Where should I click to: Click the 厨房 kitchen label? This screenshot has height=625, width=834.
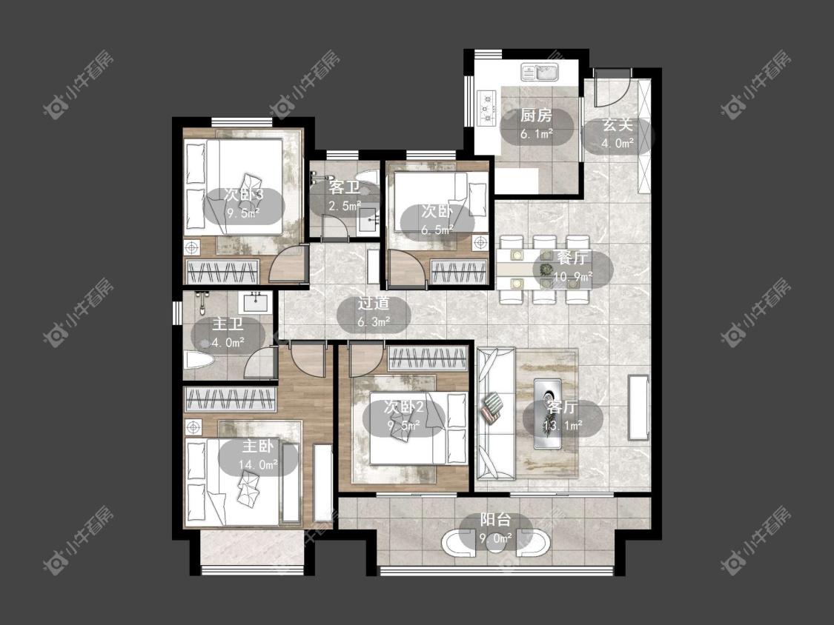[x=536, y=116]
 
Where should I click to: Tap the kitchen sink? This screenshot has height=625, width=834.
[x=540, y=73]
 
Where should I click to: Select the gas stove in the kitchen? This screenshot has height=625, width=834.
[x=487, y=108]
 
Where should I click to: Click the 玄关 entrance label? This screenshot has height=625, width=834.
[x=618, y=125]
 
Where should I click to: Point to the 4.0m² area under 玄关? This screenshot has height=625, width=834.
[x=618, y=142]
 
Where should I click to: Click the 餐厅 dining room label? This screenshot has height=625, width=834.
[x=572, y=258]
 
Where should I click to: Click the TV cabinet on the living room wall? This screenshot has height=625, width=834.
[x=638, y=407]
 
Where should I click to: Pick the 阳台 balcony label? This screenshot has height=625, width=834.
[x=496, y=519]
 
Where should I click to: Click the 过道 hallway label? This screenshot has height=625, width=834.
[x=374, y=304]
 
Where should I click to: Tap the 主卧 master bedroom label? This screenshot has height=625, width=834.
[x=258, y=445]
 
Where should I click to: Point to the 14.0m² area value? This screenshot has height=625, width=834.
[x=258, y=464]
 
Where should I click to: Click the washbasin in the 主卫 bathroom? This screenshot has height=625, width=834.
[x=257, y=302]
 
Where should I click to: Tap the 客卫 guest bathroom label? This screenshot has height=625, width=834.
[x=344, y=187]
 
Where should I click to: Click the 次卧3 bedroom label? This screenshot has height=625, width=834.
[x=243, y=194]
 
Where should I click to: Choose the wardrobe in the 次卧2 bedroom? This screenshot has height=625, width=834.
[x=427, y=358]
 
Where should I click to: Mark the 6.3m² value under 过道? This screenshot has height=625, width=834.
[x=374, y=321]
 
